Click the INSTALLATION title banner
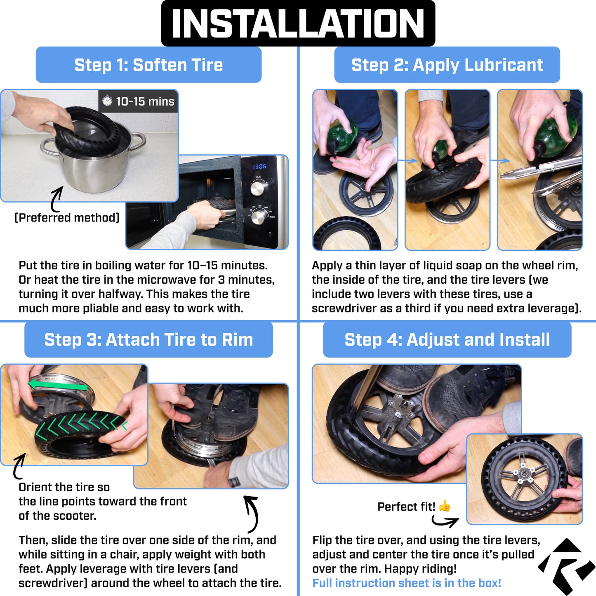click(x=298, y=23)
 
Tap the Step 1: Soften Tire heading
click(x=148, y=65)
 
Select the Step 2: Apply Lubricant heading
click(x=447, y=65)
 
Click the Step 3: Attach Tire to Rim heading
click(x=148, y=339)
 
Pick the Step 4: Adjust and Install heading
click(x=447, y=339)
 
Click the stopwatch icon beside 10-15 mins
click(x=107, y=101)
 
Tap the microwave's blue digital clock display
click(x=259, y=166)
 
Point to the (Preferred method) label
click(x=67, y=217)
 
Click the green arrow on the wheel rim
click(x=59, y=384)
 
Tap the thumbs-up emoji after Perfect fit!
click(x=445, y=506)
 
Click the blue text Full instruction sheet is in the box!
click(x=406, y=583)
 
